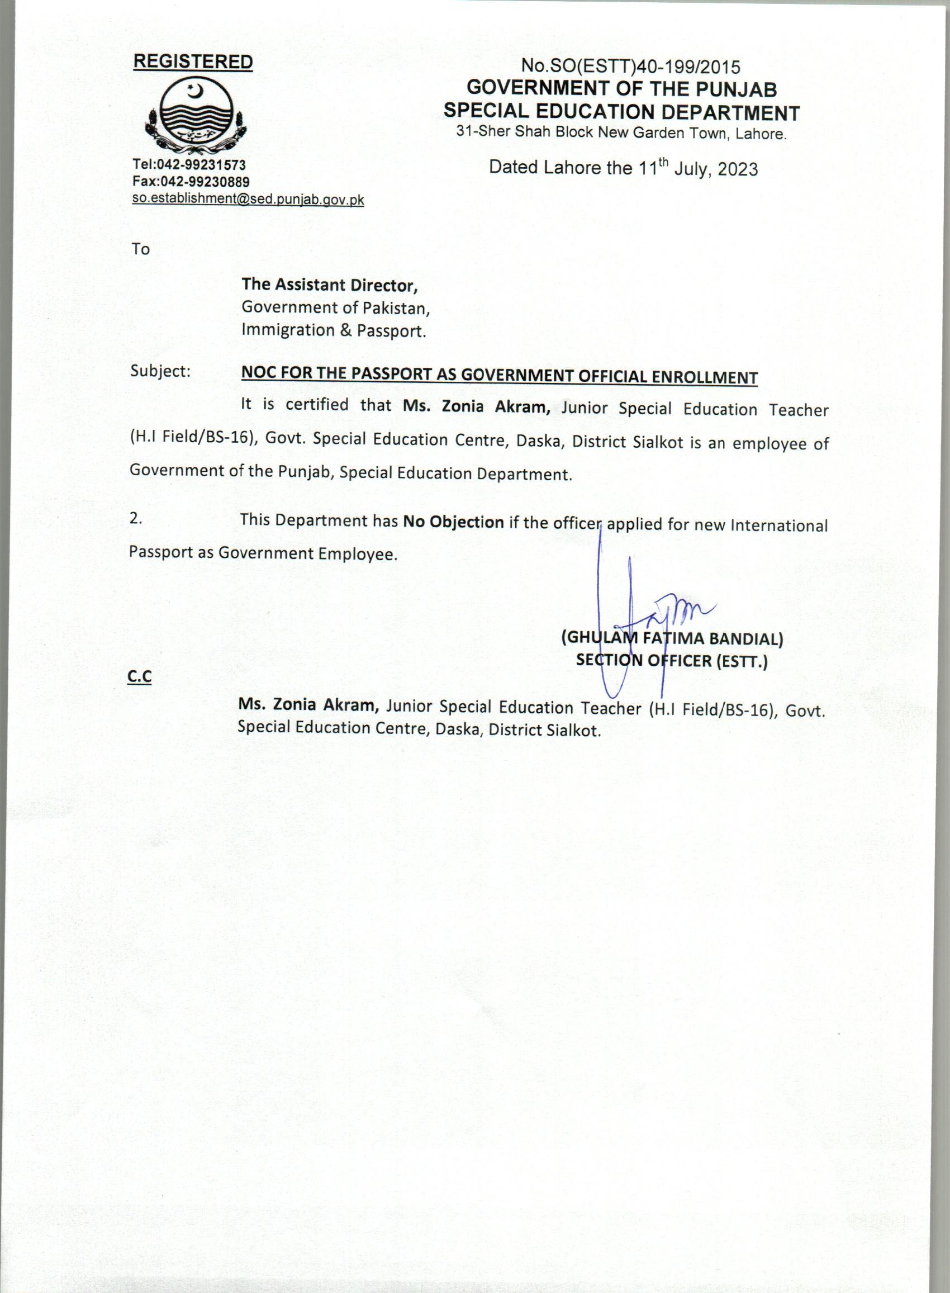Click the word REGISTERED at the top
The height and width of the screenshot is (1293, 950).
click(193, 62)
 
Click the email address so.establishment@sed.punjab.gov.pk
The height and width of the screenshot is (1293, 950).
click(248, 200)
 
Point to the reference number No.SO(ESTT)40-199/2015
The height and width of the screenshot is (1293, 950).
click(630, 67)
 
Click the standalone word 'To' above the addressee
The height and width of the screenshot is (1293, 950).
click(140, 250)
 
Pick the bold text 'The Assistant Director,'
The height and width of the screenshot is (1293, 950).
click(329, 285)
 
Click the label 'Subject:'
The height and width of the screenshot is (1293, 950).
click(160, 371)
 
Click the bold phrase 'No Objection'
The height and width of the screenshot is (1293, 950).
click(453, 522)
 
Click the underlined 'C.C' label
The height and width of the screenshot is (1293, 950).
click(139, 677)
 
